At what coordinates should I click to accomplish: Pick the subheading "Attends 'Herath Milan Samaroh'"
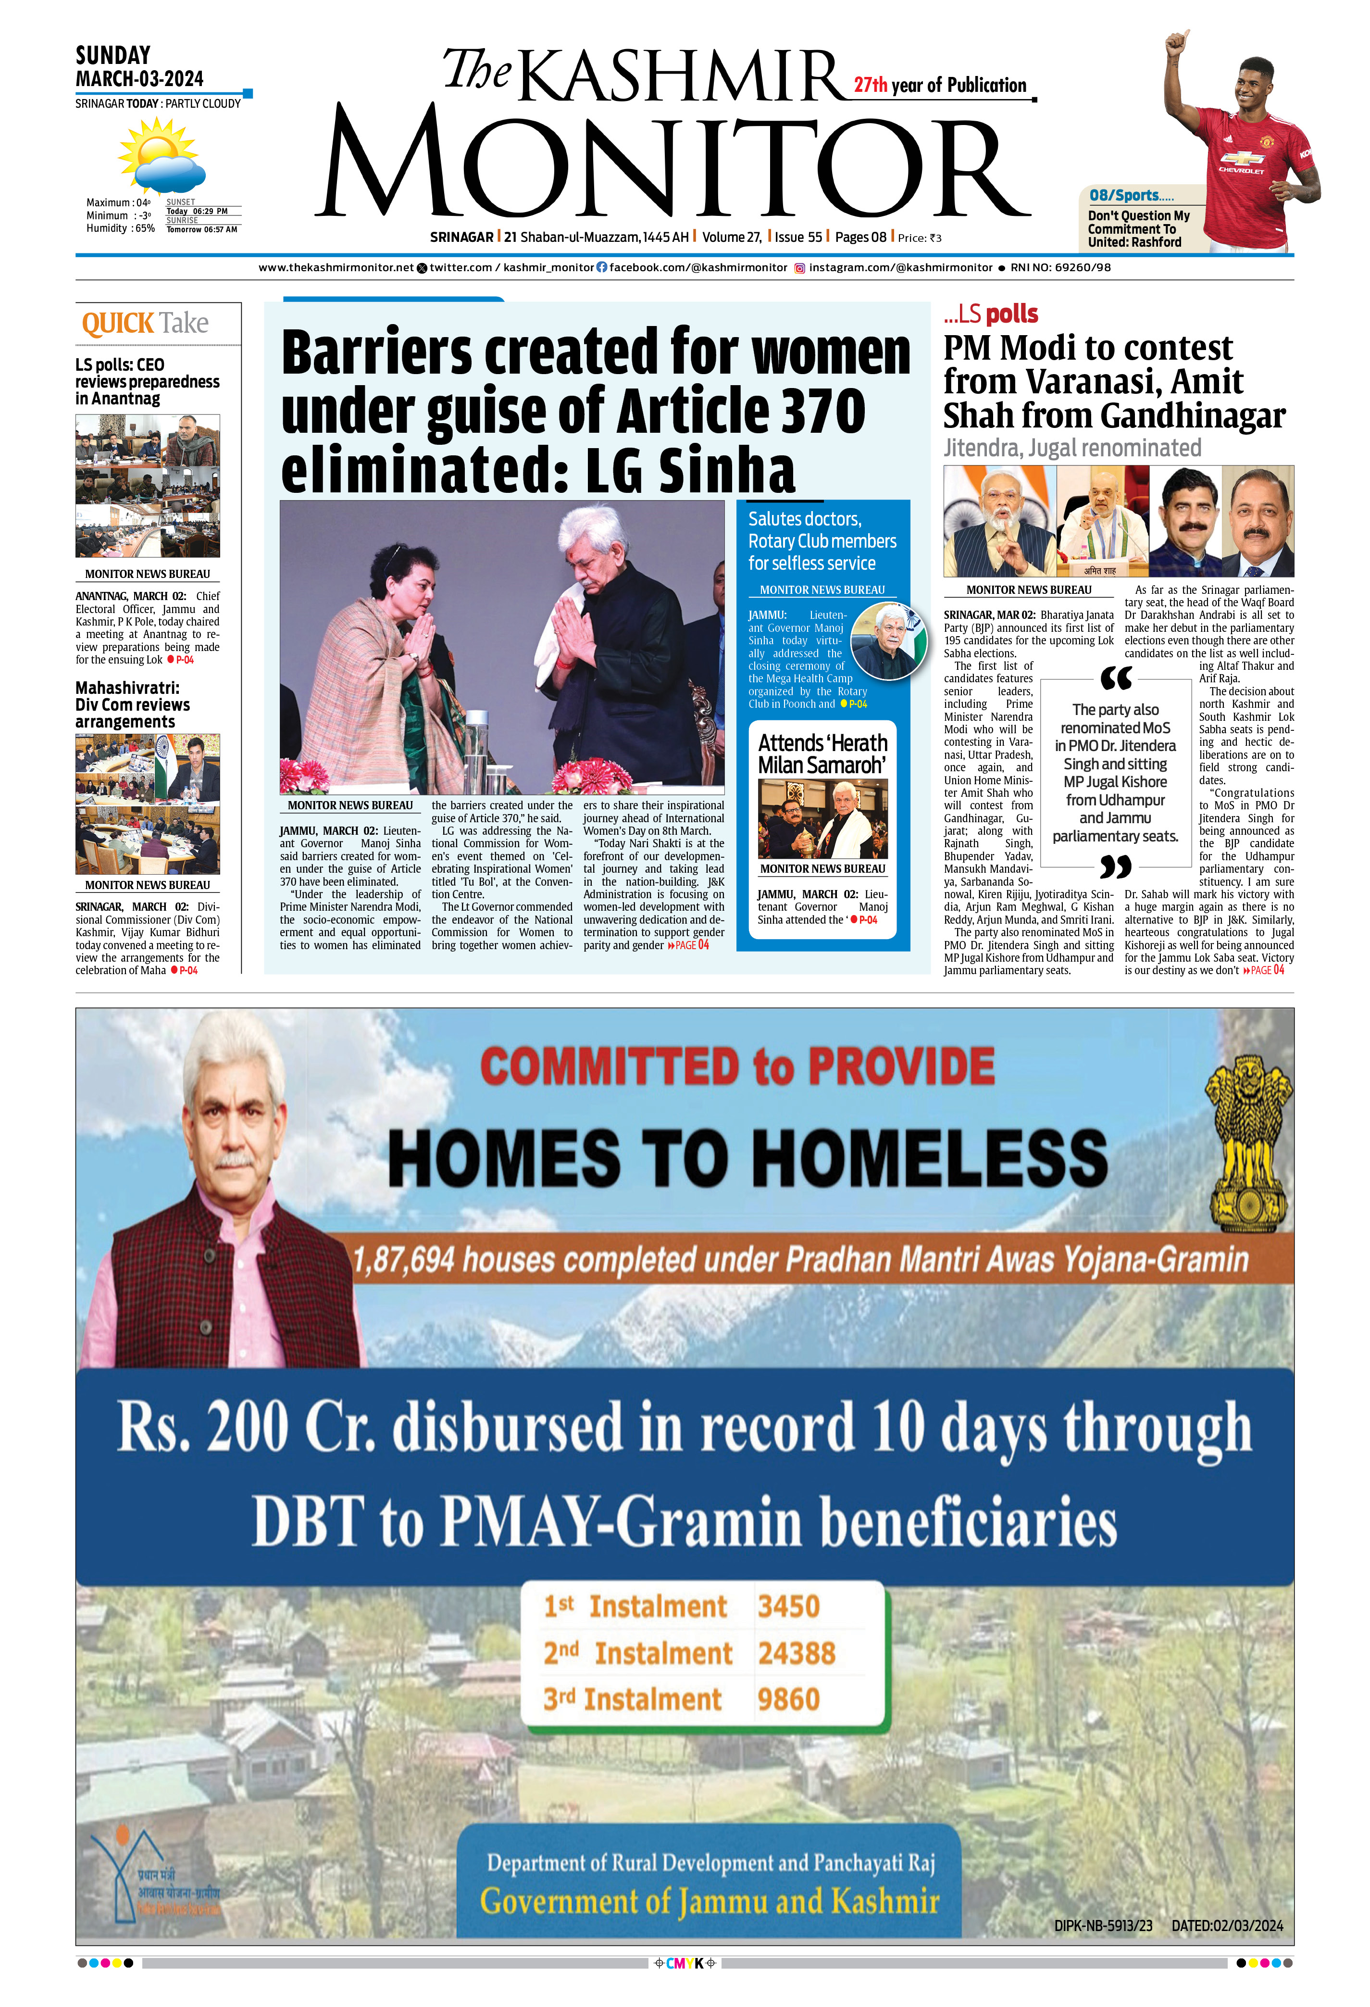822,754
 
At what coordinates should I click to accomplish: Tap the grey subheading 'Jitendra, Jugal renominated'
1071,447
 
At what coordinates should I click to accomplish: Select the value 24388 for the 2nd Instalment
796,1653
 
